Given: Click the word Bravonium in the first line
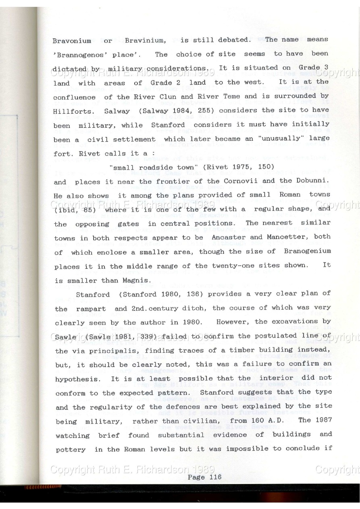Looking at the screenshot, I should tap(72, 40).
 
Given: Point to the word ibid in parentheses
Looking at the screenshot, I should tap(65, 210).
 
